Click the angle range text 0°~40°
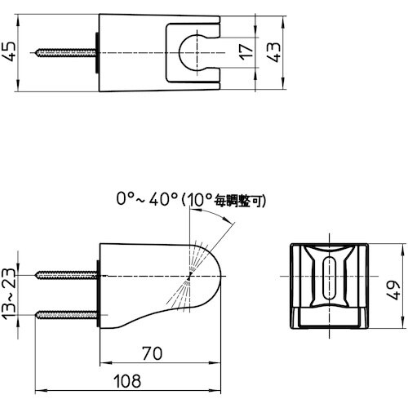147,198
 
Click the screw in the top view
65,53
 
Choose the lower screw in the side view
65,313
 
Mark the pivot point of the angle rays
188,278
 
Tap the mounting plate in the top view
97,53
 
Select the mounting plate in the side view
97,295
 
